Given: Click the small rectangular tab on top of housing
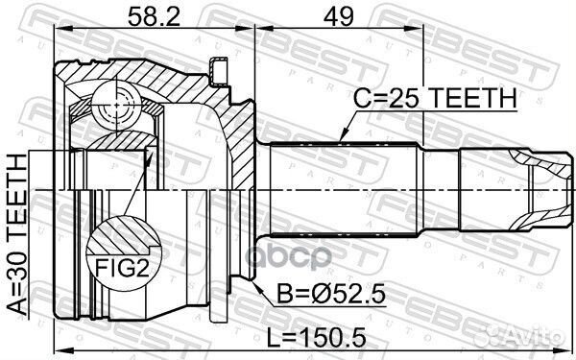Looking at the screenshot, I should pyautogui.click(x=220, y=68).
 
